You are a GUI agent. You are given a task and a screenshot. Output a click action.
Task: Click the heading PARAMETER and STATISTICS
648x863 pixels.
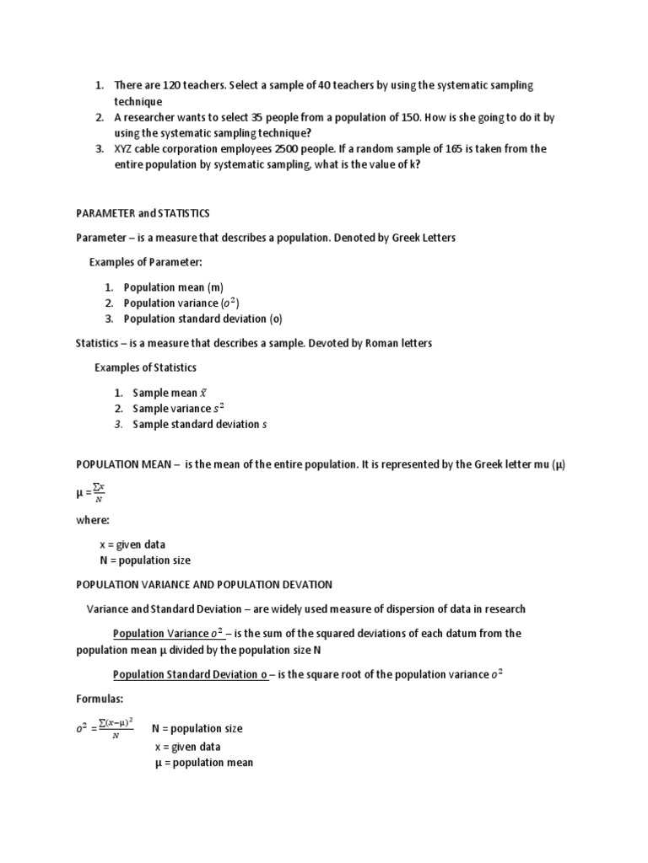tap(143, 213)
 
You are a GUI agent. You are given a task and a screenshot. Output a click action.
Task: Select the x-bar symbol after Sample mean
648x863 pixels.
tap(202, 393)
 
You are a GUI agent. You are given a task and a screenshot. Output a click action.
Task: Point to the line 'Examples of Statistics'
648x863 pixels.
tap(145, 367)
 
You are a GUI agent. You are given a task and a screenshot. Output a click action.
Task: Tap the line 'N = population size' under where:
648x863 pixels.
tap(145, 560)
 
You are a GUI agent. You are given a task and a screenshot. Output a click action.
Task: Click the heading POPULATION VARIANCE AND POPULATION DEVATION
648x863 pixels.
tap(204, 584)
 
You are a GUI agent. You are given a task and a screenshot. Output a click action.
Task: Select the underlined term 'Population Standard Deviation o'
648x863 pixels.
tap(190, 674)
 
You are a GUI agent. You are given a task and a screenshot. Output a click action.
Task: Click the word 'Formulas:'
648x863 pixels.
tap(100, 699)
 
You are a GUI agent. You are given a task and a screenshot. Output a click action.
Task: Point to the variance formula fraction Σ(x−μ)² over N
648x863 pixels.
tap(115, 728)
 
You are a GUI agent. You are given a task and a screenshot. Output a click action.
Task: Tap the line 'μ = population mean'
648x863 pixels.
tap(203, 763)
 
